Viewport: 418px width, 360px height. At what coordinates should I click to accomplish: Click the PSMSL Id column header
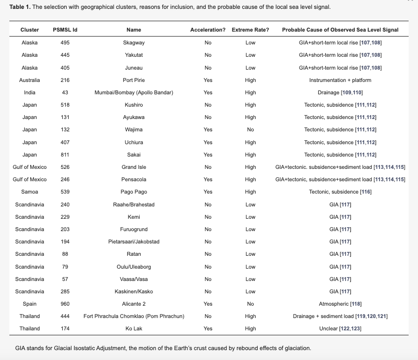(x=65, y=30)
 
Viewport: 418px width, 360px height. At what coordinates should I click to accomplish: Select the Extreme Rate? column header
(x=250, y=30)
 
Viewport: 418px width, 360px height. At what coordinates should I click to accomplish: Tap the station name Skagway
(x=134, y=42)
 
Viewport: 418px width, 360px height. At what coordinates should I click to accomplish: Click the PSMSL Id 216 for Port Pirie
(x=65, y=80)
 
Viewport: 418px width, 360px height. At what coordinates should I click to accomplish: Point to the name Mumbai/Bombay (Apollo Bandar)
(x=134, y=92)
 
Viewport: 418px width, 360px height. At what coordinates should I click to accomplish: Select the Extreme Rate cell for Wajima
(x=250, y=129)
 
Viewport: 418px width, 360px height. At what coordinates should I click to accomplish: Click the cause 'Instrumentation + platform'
(x=340, y=80)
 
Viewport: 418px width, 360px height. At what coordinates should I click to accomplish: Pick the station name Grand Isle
(x=134, y=167)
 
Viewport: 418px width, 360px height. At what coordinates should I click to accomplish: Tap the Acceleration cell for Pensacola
(x=208, y=179)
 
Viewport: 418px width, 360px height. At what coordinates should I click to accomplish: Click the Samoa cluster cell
(x=30, y=192)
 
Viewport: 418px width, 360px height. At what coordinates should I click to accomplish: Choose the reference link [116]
(x=366, y=192)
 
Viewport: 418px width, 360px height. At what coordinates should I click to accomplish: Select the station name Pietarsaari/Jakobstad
(x=134, y=241)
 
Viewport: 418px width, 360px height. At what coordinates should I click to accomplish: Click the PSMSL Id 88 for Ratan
(x=65, y=254)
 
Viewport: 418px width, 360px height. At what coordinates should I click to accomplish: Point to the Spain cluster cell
(x=30, y=304)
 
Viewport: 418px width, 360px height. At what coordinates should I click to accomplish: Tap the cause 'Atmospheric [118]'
(x=340, y=304)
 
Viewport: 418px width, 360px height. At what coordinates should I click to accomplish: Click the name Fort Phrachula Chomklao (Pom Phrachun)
(x=134, y=316)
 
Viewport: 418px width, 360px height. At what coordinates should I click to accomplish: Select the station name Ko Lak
(x=134, y=328)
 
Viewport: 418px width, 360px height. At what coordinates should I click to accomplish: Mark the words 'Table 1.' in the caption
(x=20, y=7)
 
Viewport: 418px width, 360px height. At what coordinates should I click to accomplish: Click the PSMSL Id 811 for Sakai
(x=65, y=155)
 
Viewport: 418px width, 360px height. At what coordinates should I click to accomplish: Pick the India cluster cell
(x=30, y=92)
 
